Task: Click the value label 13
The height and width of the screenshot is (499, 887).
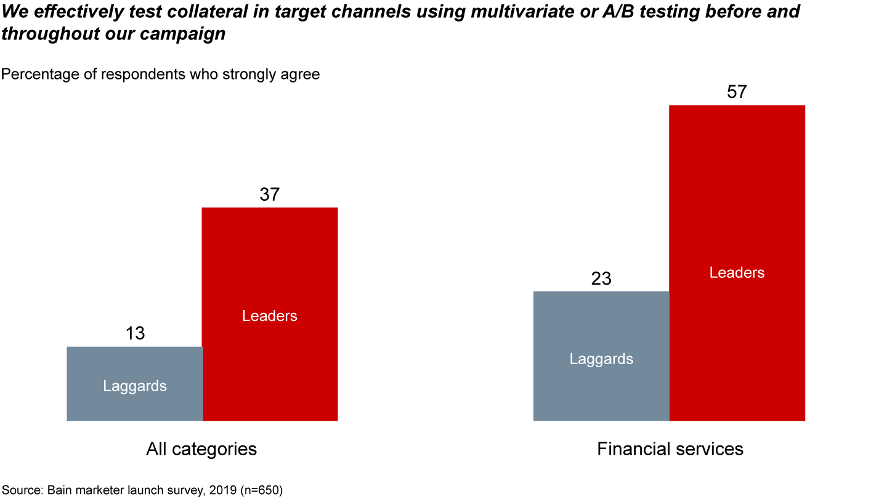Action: pyautogui.click(x=135, y=333)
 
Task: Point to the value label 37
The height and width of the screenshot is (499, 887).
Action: pyautogui.click(x=270, y=195)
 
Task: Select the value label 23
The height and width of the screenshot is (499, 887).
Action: pyautogui.click(x=601, y=278)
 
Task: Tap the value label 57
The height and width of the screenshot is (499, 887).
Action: pyautogui.click(x=737, y=92)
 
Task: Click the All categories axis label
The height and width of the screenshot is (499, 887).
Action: pyautogui.click(x=201, y=449)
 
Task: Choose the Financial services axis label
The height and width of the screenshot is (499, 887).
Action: pyautogui.click(x=670, y=449)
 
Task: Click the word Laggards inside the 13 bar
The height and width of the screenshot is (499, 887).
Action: pyautogui.click(x=135, y=386)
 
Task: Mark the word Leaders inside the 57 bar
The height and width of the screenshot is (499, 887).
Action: pyautogui.click(x=737, y=273)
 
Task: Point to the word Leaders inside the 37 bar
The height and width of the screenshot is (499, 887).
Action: pyautogui.click(x=270, y=316)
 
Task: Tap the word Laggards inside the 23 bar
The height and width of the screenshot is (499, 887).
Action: pyautogui.click(x=601, y=359)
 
